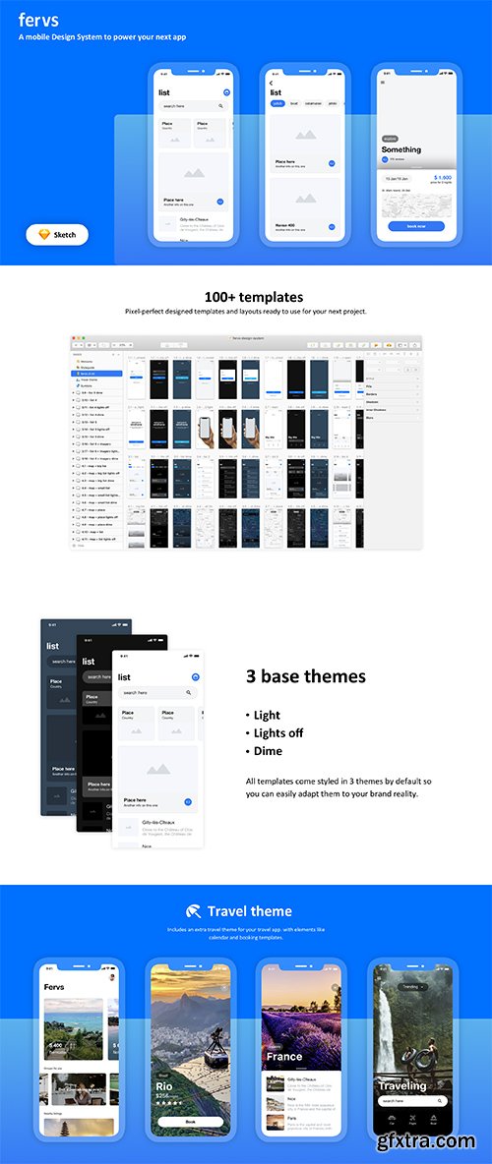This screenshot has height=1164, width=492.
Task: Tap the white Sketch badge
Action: [57, 235]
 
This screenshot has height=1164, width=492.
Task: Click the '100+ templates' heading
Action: [254, 297]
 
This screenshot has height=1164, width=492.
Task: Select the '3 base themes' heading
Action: [305, 676]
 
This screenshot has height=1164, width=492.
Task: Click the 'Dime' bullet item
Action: [268, 750]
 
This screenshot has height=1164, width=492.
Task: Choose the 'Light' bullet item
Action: [267, 715]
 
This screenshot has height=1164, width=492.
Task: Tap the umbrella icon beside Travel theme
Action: [194, 911]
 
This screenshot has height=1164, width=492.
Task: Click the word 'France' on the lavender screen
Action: [284, 1057]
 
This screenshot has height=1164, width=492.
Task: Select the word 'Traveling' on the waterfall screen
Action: [403, 1085]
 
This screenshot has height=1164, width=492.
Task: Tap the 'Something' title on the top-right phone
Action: [401, 149]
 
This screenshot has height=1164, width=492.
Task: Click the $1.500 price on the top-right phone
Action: [441, 178]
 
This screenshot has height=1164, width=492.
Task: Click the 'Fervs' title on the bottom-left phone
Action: [54, 986]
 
